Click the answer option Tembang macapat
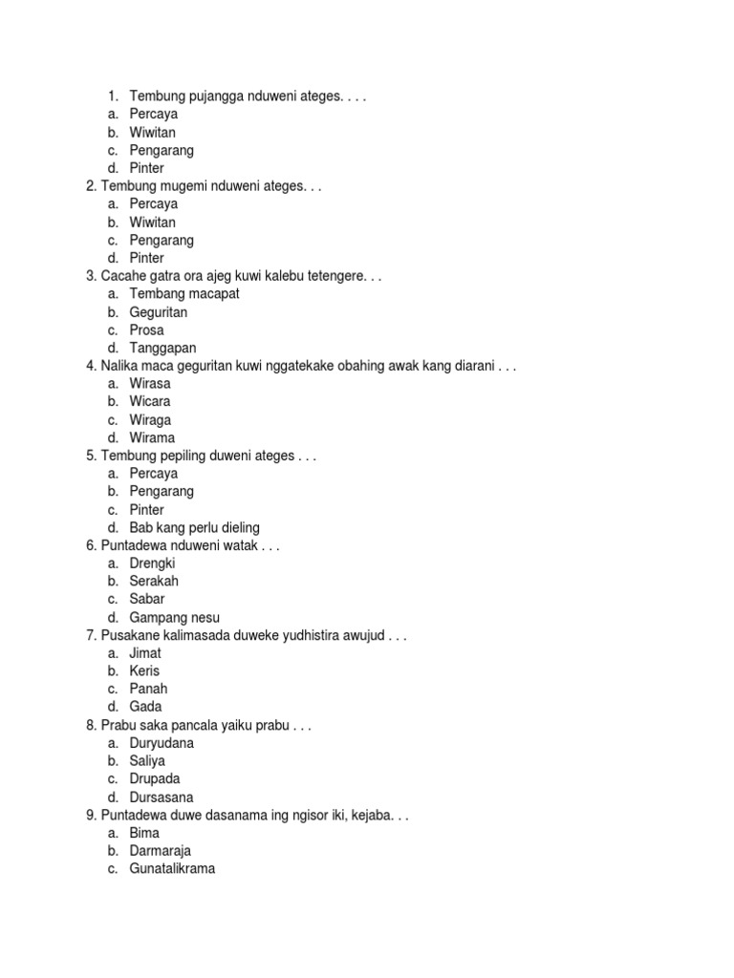coord(184,294)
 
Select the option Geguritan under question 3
coord(159,312)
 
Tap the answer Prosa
coord(147,330)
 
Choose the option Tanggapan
coord(163,349)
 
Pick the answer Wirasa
coord(151,384)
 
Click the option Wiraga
coord(151,420)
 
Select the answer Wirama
coord(153,438)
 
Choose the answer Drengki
coord(153,563)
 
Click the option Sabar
coord(147,600)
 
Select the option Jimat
coord(146,653)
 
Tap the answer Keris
coord(145,671)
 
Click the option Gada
coord(146,708)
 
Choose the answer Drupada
coord(155,779)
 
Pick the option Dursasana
coord(162,797)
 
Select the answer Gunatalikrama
coord(173,869)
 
